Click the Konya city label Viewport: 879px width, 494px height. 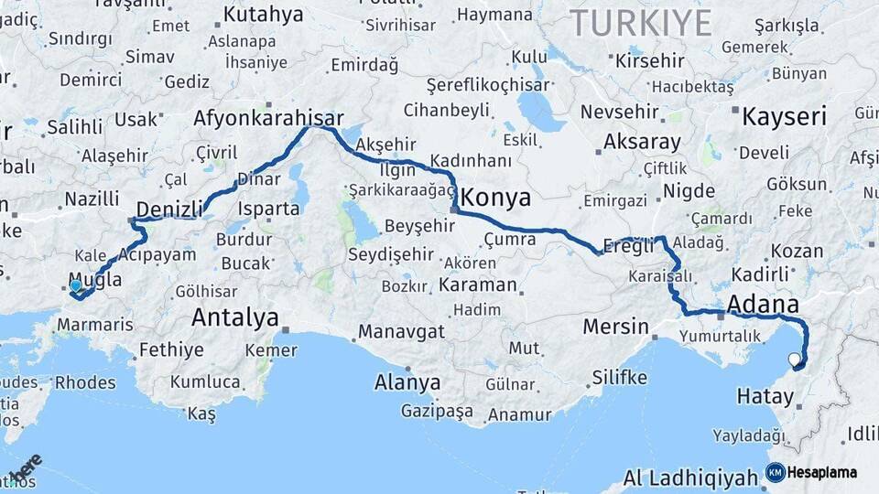coord(498,196)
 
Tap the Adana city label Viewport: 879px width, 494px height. coord(763,304)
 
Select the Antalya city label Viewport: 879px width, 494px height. coord(234,318)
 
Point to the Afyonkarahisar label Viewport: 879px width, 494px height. coord(268,118)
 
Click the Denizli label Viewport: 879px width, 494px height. coord(169,209)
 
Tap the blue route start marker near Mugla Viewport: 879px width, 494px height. coord(75,285)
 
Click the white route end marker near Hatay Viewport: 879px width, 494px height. coord(793,359)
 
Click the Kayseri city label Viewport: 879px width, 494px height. coord(784,117)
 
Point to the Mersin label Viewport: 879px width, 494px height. coord(618,327)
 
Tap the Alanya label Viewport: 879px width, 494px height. coord(407,382)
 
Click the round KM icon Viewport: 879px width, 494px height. coord(775,473)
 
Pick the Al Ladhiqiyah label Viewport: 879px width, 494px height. coord(690,478)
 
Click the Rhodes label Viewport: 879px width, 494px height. coord(85,382)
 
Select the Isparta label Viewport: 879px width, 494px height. coord(270,209)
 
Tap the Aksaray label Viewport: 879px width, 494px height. coord(642,143)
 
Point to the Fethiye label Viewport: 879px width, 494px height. coord(171,349)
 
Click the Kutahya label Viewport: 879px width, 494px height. coord(263,14)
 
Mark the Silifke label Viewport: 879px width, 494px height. coord(620,377)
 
